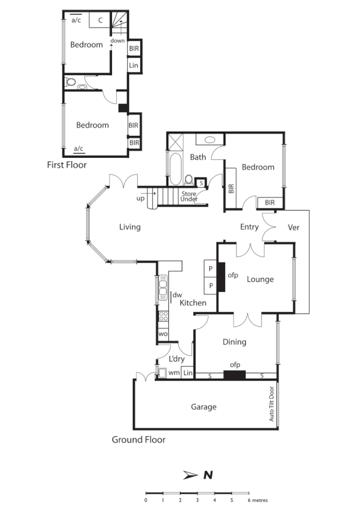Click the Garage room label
click(x=204, y=407)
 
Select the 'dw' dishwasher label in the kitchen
click(x=178, y=295)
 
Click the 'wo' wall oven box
click(x=163, y=335)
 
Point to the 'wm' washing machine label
click(x=174, y=372)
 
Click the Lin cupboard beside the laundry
click(x=188, y=373)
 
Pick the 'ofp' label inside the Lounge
click(x=233, y=275)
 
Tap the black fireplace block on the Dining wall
click(x=234, y=375)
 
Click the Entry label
click(x=250, y=227)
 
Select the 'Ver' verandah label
click(x=294, y=227)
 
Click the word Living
click(x=130, y=227)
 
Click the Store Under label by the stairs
click(x=189, y=196)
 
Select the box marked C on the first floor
click(x=99, y=20)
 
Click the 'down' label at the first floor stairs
click(x=117, y=41)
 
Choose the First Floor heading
click(x=67, y=165)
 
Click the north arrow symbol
click(x=190, y=474)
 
